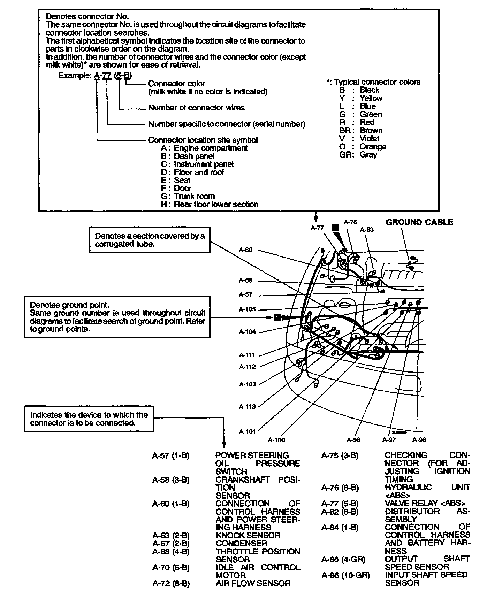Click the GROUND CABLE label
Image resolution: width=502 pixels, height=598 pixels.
click(419, 222)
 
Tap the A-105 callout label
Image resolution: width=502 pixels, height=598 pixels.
click(247, 309)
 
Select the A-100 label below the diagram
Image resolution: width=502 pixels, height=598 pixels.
click(276, 440)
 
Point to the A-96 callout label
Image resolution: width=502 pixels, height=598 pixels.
click(419, 440)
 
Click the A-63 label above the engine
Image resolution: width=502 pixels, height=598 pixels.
click(367, 230)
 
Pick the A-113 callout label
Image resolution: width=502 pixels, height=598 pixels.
click(247, 406)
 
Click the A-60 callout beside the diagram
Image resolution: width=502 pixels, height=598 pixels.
click(245, 250)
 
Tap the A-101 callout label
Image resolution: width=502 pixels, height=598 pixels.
click(247, 432)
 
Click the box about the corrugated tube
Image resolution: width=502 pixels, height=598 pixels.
click(150, 240)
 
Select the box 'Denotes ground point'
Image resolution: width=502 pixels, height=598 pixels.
click(117, 317)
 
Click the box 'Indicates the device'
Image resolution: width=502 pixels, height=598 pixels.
click(89, 419)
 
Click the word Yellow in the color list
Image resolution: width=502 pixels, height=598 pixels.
click(371, 98)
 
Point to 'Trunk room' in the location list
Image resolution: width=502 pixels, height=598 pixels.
click(194, 196)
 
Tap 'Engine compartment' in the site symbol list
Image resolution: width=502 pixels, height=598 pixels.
click(211, 148)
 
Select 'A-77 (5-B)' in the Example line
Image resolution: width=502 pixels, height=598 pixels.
click(113, 76)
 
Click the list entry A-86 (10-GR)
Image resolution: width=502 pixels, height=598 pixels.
click(345, 575)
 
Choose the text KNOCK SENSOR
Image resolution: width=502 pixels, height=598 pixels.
click(248, 535)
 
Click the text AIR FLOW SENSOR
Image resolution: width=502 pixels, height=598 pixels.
click(253, 583)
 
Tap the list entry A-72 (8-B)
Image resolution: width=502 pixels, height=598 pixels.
click(171, 583)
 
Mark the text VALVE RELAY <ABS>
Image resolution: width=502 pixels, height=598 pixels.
click(425, 504)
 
